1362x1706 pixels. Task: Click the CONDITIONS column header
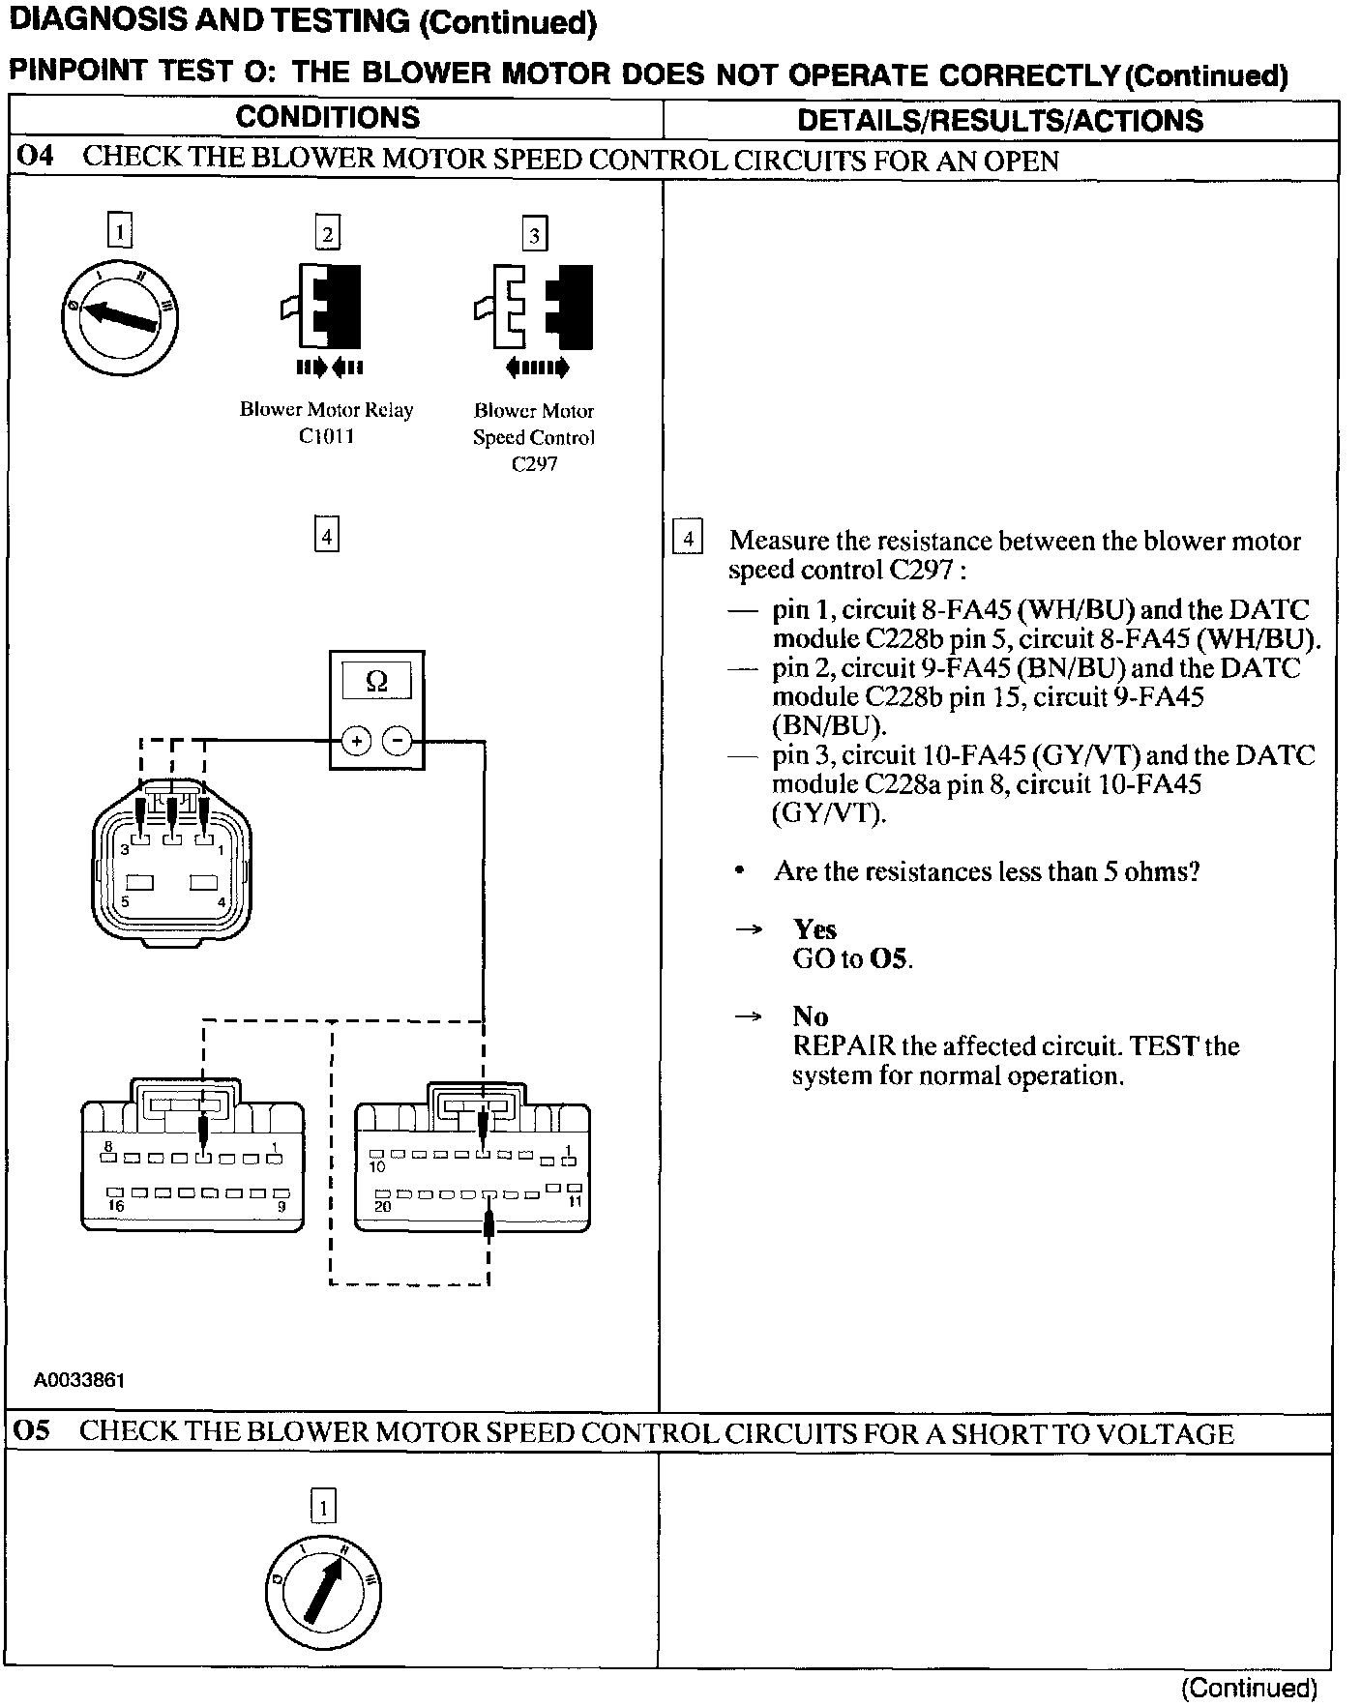[x=327, y=118]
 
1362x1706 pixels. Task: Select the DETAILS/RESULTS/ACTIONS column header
[x=999, y=120]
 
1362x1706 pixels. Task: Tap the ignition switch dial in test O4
[x=119, y=317]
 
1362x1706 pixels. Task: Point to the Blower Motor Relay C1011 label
[x=326, y=423]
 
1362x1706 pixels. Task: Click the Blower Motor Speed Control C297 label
[x=534, y=437]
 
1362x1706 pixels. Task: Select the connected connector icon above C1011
[x=327, y=307]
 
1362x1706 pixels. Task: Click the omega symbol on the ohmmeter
[x=377, y=681]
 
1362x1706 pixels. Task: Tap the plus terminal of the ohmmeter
[x=356, y=742]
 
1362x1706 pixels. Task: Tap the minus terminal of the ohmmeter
[x=398, y=742]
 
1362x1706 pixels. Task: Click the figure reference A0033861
[x=79, y=1380]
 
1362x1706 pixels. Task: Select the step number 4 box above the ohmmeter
[x=327, y=535]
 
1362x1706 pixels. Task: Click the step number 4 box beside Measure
[x=687, y=539]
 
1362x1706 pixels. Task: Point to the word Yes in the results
[x=814, y=929]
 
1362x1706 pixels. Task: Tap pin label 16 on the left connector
[x=116, y=1206]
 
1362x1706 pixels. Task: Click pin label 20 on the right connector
[x=383, y=1206]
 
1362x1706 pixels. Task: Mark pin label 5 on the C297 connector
[x=125, y=901]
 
